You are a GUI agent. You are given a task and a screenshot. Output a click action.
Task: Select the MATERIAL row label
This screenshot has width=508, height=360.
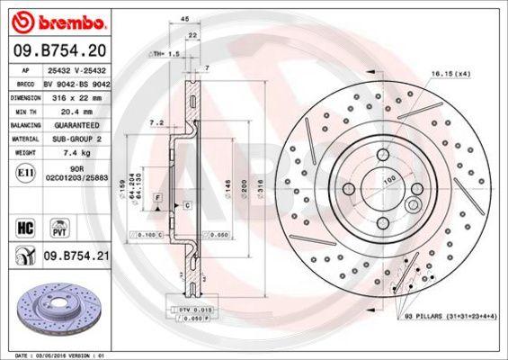(24, 139)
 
